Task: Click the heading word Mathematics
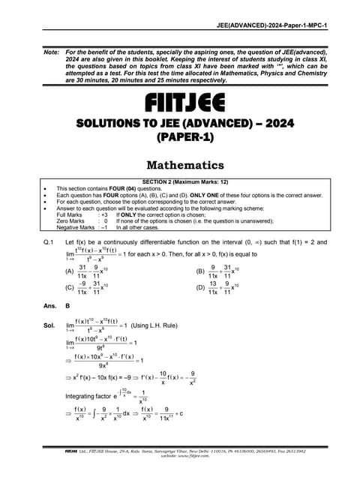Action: pos(180,164)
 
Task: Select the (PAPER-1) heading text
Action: pos(180,138)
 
